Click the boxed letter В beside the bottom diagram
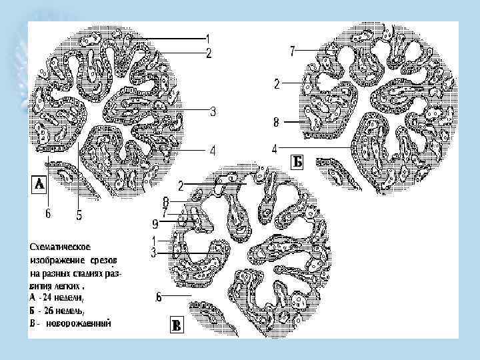pyautogui.click(x=176, y=325)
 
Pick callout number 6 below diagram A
pyautogui.click(x=47, y=215)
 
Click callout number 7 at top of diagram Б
pyautogui.click(x=292, y=51)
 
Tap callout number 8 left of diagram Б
pyautogui.click(x=275, y=122)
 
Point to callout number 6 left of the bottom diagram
pyautogui.click(x=158, y=297)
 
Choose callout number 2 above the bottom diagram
pyautogui.click(x=181, y=183)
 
